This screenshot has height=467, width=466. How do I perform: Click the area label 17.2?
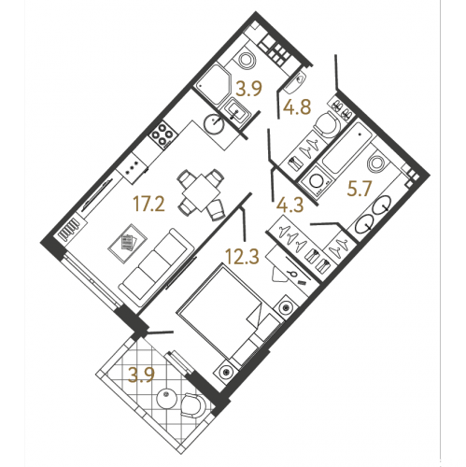(x=148, y=204)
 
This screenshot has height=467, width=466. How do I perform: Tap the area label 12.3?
(x=242, y=257)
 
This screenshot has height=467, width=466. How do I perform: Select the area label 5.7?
(x=360, y=189)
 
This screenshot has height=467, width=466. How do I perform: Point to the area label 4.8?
(x=297, y=106)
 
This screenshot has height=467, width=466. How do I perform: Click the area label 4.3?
(x=289, y=205)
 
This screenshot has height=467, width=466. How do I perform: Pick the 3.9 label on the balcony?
(x=142, y=375)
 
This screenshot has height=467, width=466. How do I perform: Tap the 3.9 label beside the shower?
(x=249, y=89)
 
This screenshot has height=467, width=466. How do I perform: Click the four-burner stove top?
(x=162, y=134)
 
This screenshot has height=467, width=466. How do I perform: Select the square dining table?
(x=201, y=193)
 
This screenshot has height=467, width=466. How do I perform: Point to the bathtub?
(x=346, y=149)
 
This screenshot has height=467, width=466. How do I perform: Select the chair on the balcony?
(x=193, y=405)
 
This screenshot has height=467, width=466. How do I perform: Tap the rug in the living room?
(x=127, y=244)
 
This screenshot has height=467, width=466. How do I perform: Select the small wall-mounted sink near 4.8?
(x=294, y=81)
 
